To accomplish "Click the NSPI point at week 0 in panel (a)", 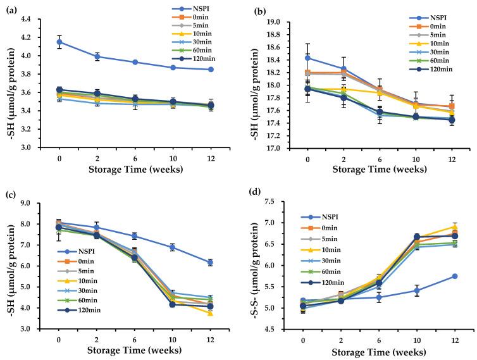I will [x=59, y=42].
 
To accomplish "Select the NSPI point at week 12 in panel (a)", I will [x=211, y=70].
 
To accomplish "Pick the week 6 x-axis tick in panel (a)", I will [x=135, y=154].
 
